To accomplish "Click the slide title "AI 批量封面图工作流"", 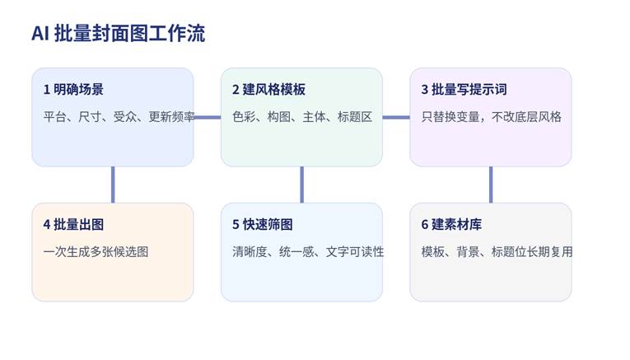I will [118, 33].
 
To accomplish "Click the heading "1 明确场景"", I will [73, 90].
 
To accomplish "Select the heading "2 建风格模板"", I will [268, 90].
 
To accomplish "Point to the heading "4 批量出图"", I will [73, 225].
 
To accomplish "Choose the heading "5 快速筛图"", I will [263, 225].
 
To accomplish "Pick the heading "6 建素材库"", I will [451, 225].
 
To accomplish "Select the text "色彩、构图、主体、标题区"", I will [302, 117].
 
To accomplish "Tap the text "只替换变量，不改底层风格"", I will [491, 117].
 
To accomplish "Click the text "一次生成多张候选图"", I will [96, 252].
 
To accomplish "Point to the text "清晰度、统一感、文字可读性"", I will [308, 252].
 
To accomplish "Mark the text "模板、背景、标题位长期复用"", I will [497, 252].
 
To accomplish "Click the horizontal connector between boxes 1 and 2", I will [208, 117].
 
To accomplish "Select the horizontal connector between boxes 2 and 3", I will [396, 117].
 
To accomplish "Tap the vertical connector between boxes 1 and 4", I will [113, 185].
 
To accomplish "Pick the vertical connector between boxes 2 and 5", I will [301, 185].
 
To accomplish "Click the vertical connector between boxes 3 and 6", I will [491, 185].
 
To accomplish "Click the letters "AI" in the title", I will [40, 33].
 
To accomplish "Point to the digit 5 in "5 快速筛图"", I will [236, 225].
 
